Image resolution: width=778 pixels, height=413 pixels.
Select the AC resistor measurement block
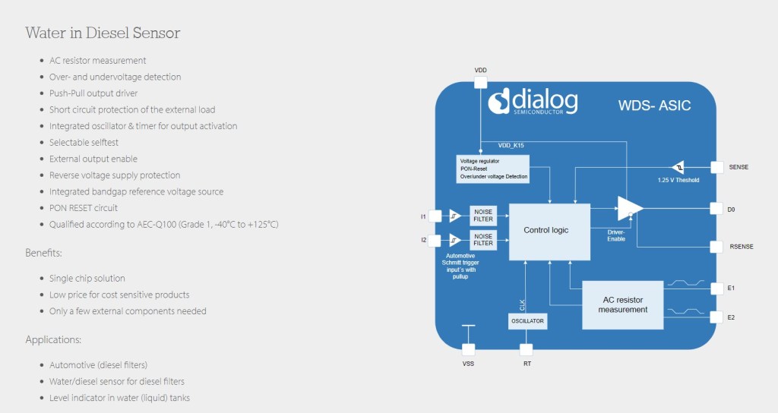[x=622, y=304]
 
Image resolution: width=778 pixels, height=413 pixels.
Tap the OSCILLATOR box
[x=527, y=321]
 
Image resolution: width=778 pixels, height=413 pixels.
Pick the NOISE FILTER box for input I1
[x=483, y=216]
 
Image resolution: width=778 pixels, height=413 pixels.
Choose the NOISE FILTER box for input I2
[x=483, y=239]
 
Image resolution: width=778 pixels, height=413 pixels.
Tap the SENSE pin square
[x=716, y=166]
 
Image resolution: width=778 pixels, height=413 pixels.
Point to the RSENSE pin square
[x=716, y=247]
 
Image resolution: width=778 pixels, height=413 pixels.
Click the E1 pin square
[x=716, y=288]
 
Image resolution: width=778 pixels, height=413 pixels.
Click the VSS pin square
[x=469, y=349]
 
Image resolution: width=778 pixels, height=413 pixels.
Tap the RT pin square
[x=527, y=349]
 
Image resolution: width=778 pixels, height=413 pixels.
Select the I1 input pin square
[x=435, y=216]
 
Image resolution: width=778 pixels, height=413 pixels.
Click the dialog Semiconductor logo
[x=533, y=101]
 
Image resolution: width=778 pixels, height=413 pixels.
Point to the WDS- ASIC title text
[x=654, y=106]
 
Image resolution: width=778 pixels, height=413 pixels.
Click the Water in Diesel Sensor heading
[x=103, y=33]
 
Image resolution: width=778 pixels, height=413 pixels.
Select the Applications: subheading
[x=53, y=339]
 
